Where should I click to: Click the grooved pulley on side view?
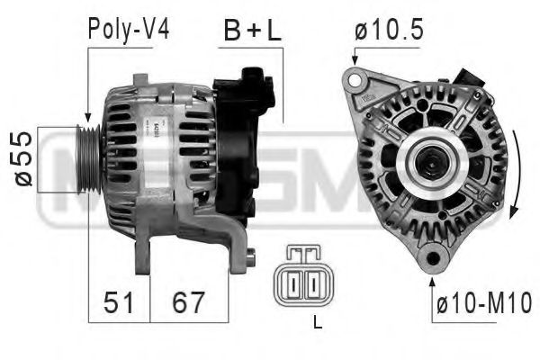click(x=88, y=159)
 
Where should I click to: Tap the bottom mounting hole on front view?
click(x=434, y=261)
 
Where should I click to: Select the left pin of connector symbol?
click(x=293, y=284)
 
